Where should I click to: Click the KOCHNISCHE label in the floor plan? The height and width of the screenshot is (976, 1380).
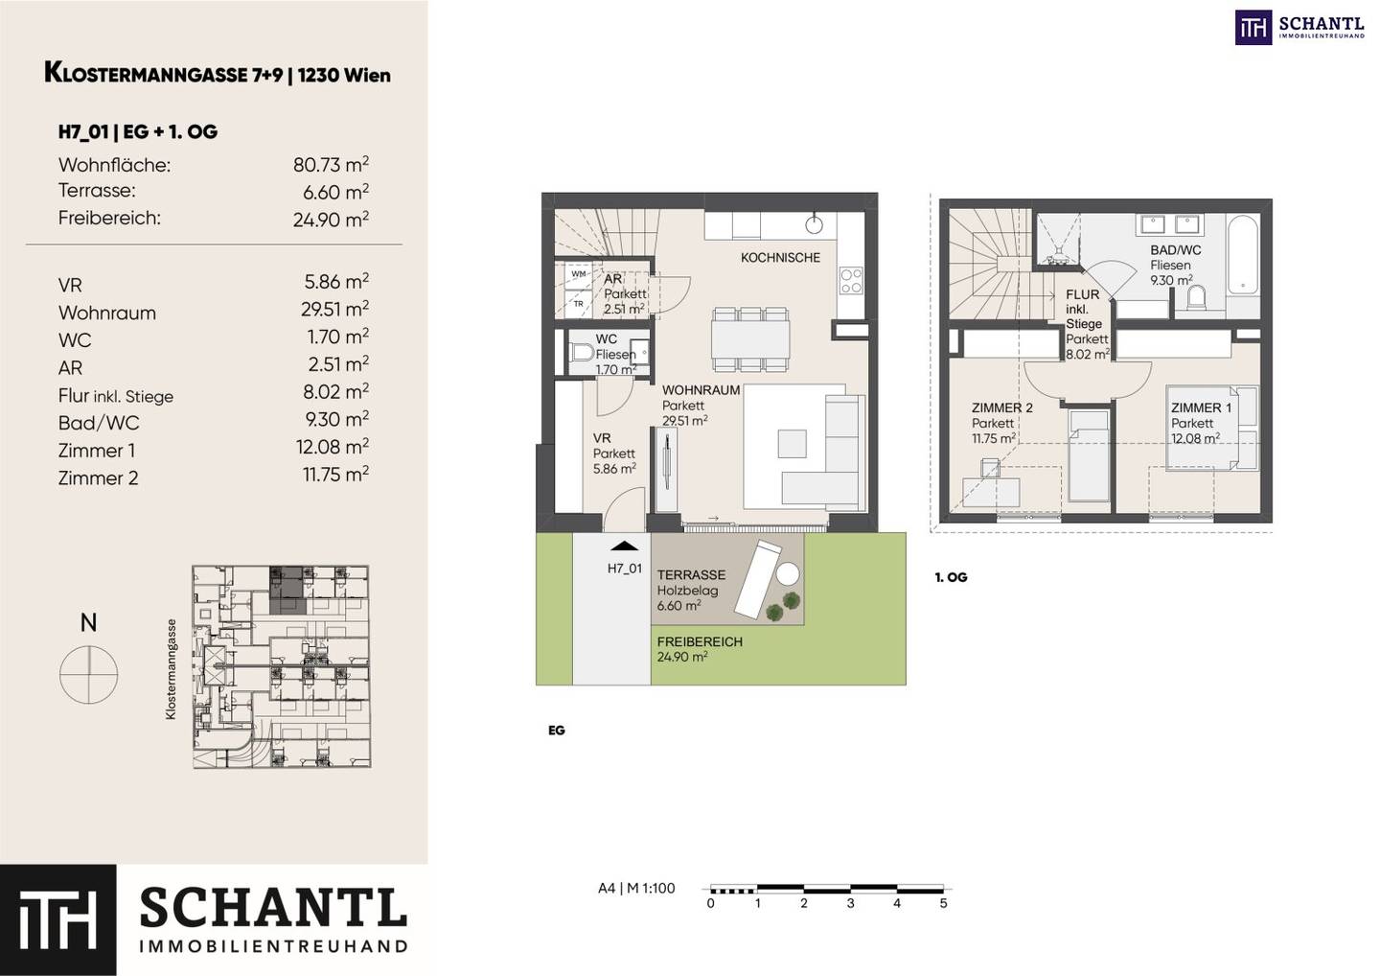pyautogui.click(x=780, y=258)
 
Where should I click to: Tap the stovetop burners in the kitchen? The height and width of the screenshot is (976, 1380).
pyautogui.click(x=851, y=280)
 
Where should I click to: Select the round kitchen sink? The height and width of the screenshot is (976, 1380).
pyautogui.click(x=815, y=224)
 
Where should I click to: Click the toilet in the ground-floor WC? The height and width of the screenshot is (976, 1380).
pyautogui.click(x=581, y=353)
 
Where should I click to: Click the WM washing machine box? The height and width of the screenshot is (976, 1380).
pyautogui.click(x=579, y=273)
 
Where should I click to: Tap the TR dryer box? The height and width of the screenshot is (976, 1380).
pyautogui.click(x=579, y=304)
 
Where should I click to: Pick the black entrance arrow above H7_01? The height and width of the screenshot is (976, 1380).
pyautogui.click(x=625, y=546)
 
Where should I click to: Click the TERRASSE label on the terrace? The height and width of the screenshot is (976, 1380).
pyautogui.click(x=691, y=575)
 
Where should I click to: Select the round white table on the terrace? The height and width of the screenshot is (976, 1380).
pyautogui.click(x=788, y=574)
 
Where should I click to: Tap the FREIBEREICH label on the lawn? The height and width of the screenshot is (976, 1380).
pyautogui.click(x=700, y=641)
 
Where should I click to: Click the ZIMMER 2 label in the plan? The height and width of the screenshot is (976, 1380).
pyautogui.click(x=1001, y=407)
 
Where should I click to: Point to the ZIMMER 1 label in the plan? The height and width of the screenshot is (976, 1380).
pyautogui.click(x=1201, y=407)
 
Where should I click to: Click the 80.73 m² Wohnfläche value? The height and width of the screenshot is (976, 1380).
pyautogui.click(x=331, y=165)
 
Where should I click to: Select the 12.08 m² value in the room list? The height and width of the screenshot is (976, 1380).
pyautogui.click(x=332, y=446)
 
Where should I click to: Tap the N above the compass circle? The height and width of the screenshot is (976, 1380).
pyautogui.click(x=89, y=622)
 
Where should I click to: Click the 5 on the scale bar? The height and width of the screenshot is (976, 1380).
pyautogui.click(x=943, y=903)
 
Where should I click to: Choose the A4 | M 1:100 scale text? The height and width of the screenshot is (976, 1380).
pyautogui.click(x=636, y=888)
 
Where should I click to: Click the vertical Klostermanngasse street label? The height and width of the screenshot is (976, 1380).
pyautogui.click(x=171, y=669)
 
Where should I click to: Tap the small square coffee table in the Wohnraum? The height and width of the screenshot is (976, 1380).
pyautogui.click(x=792, y=444)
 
